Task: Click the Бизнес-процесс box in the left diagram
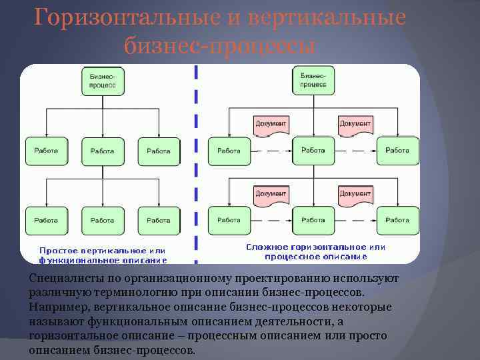(x=102, y=81)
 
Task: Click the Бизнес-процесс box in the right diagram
(x=313, y=81)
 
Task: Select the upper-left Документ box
(x=271, y=124)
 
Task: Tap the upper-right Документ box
(x=355, y=124)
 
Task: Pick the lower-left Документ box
(x=271, y=193)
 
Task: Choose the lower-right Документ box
(x=355, y=193)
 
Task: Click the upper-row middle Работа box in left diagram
(x=102, y=151)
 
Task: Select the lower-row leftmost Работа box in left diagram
(x=46, y=221)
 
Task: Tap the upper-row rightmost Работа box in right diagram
(x=397, y=151)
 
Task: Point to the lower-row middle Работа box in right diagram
(x=313, y=221)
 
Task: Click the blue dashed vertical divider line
(x=195, y=167)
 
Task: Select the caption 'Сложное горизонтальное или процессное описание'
(x=315, y=251)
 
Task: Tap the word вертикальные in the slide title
(x=326, y=18)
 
